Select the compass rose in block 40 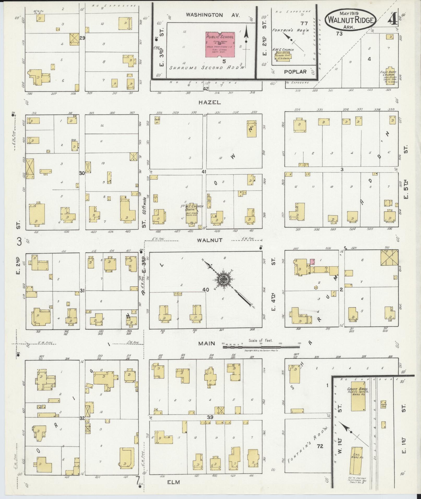(224, 279)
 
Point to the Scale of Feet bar (261, 347)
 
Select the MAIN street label (206, 343)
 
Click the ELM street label (174, 482)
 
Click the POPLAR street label (295, 71)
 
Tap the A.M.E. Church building (284, 56)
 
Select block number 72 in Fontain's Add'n (320, 446)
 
